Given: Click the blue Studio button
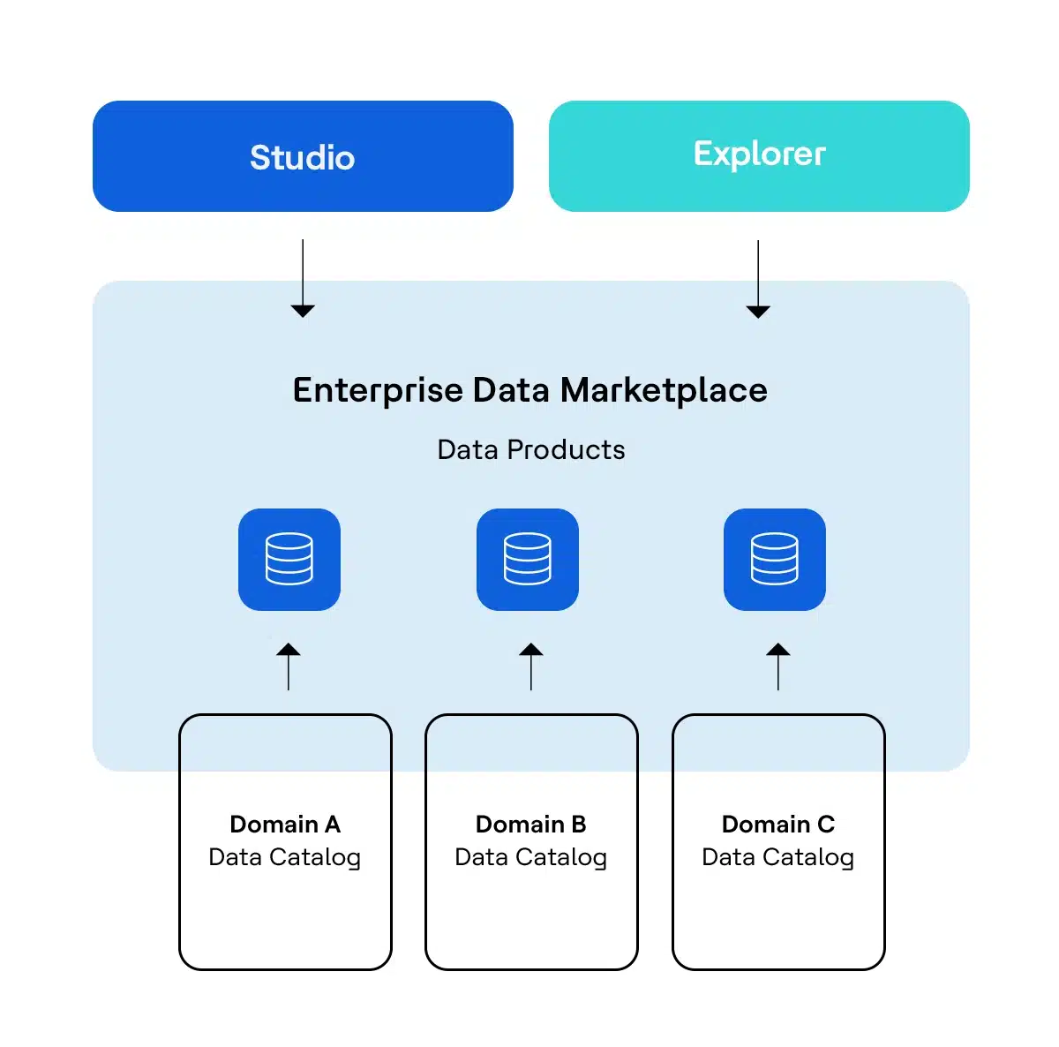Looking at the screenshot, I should pos(303,156).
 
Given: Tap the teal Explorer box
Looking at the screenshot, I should pos(759,155).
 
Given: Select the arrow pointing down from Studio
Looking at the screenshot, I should pos(303,278).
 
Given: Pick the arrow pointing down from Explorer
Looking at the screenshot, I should pos(758,278).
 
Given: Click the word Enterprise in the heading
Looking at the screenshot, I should pos(378,390).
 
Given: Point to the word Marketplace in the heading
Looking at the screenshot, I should pos(664,390).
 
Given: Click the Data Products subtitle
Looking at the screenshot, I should pos(530,450).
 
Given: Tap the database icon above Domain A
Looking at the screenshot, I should pos(289,559).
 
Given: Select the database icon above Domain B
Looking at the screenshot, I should pos(528,559).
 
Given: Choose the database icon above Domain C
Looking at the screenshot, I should pos(775,559).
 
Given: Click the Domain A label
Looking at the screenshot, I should pos(284,824).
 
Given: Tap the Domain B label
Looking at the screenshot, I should pos(530,824).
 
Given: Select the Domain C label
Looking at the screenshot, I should pos(777,824).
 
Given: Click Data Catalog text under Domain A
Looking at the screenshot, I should pos(284,857).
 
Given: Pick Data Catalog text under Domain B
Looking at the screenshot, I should pos(530,857).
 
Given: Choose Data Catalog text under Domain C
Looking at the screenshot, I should pos(777,857).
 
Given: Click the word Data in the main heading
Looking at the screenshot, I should pos(512,390).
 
